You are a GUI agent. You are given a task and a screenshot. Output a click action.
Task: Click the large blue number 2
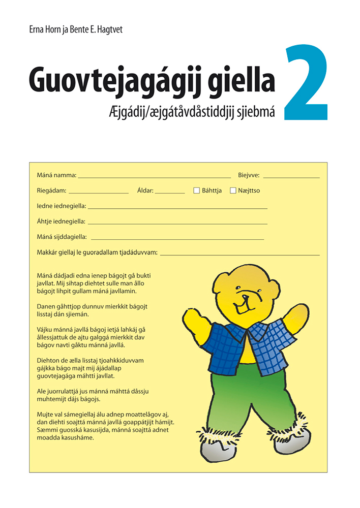(x=306, y=84)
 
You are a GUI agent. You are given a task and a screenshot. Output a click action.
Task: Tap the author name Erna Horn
(x=45, y=30)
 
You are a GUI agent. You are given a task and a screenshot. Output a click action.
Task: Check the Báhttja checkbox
(x=196, y=190)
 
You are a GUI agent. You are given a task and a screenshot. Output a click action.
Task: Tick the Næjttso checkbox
(x=233, y=190)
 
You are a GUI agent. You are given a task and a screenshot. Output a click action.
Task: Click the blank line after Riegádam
(x=98, y=193)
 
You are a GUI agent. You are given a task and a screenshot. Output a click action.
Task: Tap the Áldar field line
(x=170, y=193)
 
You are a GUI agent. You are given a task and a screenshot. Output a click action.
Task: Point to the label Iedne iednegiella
(x=62, y=206)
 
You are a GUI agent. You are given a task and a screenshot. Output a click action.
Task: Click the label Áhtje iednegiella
(x=61, y=221)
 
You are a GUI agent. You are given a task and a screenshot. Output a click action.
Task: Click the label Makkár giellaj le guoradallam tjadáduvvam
(x=97, y=252)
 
